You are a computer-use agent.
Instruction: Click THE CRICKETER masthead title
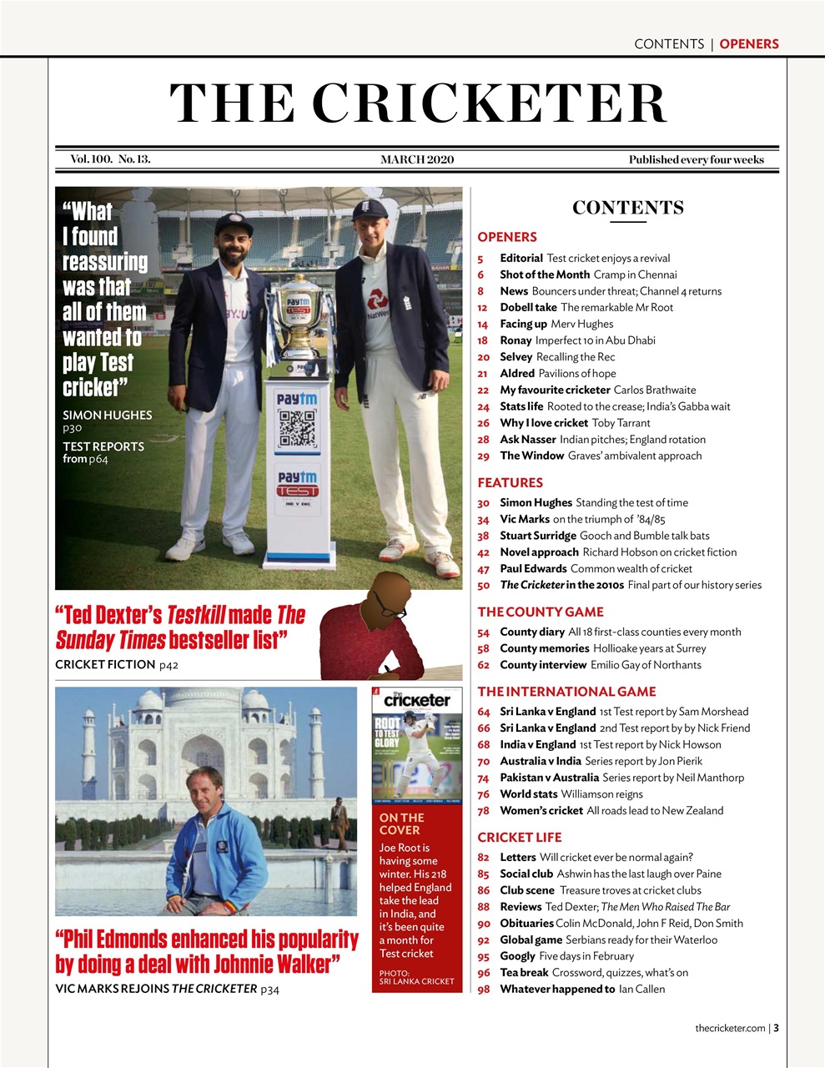coord(418,103)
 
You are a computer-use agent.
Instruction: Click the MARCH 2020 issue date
coord(417,159)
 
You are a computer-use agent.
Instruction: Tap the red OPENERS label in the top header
coord(748,43)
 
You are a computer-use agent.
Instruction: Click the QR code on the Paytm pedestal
coord(297,428)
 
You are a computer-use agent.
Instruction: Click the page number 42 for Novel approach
coord(483,552)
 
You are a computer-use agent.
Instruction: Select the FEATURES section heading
coord(510,482)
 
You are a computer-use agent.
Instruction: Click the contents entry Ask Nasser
coord(527,440)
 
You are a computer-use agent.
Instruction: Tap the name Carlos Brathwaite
coord(654,390)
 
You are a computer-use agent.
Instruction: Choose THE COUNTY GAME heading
coord(540,612)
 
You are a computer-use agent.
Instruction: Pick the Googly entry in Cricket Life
coord(517,956)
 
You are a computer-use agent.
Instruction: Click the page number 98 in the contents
coord(483,990)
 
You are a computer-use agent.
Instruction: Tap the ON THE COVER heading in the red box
coord(401,824)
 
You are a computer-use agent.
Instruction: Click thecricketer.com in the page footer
coord(730,1028)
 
